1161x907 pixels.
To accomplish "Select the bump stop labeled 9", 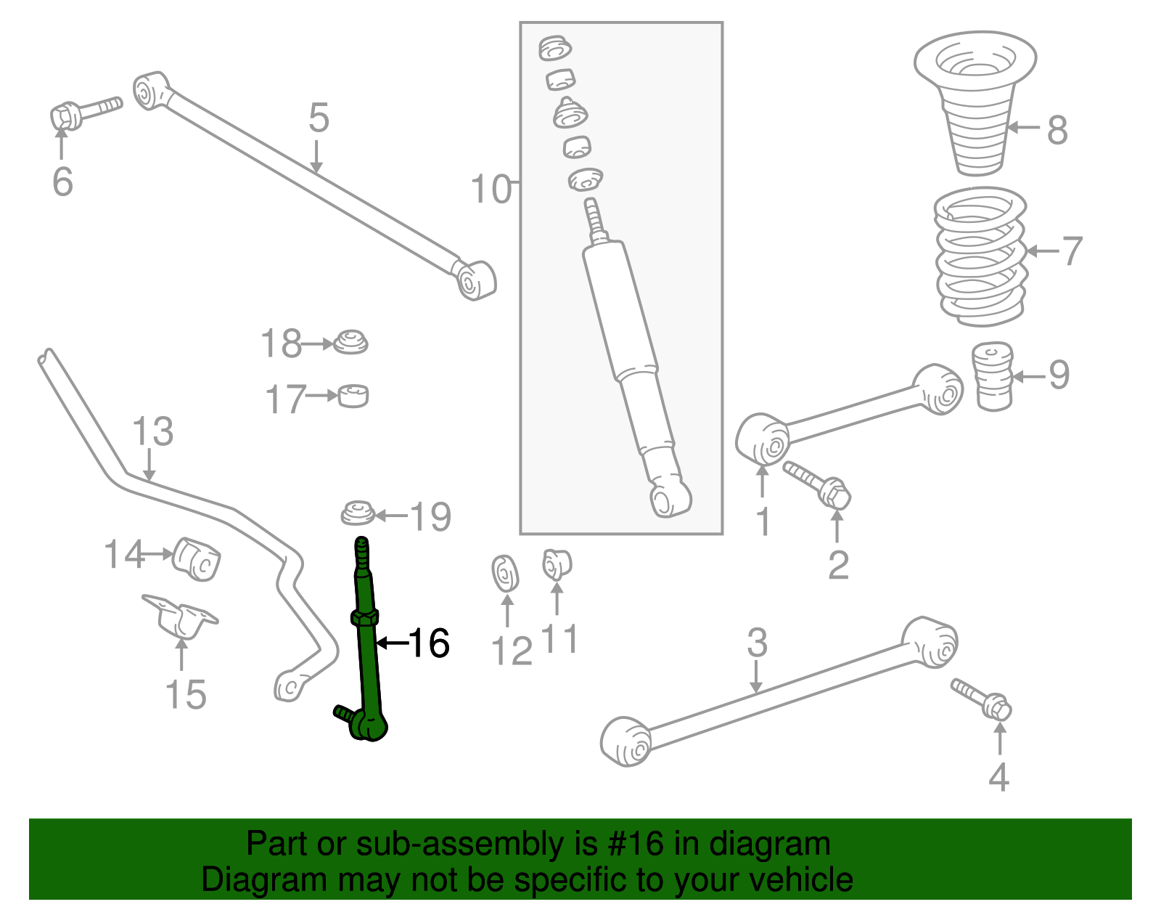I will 992,376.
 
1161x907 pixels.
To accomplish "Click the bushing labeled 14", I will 197,559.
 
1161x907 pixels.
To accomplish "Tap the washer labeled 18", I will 350,342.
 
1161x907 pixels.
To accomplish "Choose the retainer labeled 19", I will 358,513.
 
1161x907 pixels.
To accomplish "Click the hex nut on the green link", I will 364,618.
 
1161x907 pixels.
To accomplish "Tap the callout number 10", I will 491,190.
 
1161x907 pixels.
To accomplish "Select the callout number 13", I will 153,432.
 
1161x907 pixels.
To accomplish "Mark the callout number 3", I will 757,643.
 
